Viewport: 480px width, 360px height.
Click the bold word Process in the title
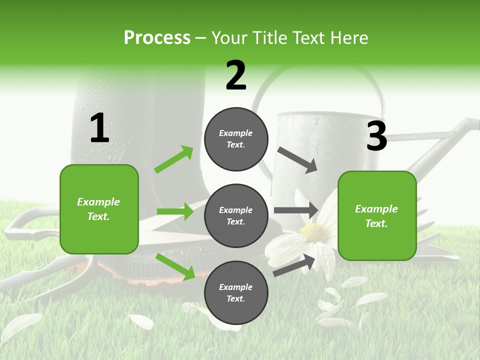tap(157, 38)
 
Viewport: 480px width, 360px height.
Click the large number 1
tap(99, 128)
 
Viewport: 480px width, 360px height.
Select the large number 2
tap(236, 75)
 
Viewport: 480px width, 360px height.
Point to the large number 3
tap(376, 136)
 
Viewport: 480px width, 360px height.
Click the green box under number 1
tap(99, 209)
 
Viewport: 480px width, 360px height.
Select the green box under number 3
tap(377, 215)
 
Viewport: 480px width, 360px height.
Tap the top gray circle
tap(236, 139)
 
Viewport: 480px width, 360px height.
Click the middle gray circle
tap(236, 215)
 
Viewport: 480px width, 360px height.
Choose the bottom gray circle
tap(236, 292)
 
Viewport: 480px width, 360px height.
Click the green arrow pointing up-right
tap(174, 159)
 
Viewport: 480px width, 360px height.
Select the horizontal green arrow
tap(175, 211)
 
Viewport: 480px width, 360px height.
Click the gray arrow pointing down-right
tap(297, 160)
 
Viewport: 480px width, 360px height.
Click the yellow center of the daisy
tap(314, 232)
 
